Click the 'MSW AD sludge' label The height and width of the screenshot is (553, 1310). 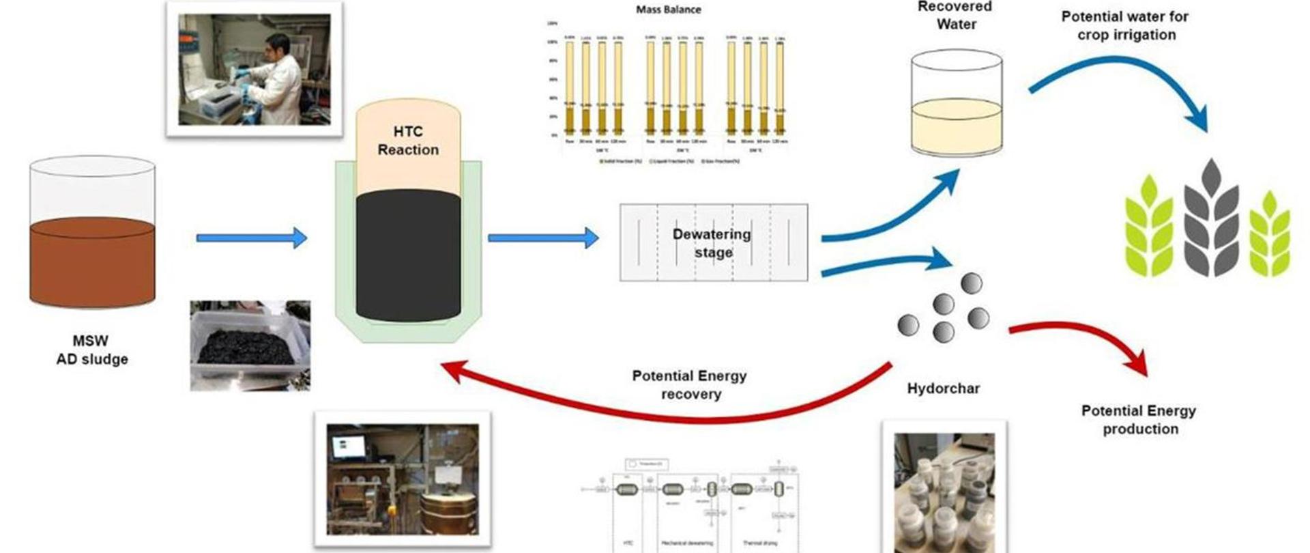pos(91,350)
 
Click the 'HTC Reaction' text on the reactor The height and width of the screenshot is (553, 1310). pos(408,141)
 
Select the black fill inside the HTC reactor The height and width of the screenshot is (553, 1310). pos(408,256)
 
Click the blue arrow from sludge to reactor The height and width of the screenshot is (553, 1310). pos(251,238)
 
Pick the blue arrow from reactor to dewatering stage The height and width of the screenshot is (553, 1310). pos(542,238)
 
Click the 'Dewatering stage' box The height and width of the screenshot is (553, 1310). pos(713,242)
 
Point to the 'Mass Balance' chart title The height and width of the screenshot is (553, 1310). pos(668,10)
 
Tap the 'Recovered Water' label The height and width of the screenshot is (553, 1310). pos(955,16)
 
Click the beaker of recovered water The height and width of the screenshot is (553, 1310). pos(957,102)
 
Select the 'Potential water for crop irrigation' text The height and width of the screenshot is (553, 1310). pos(1126,25)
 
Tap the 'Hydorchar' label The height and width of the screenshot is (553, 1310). pos(943,388)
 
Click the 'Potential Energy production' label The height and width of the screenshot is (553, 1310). pos(1139,420)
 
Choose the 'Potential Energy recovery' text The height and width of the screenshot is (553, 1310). pos(690,384)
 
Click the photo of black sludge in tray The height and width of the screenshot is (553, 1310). pos(250,345)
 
